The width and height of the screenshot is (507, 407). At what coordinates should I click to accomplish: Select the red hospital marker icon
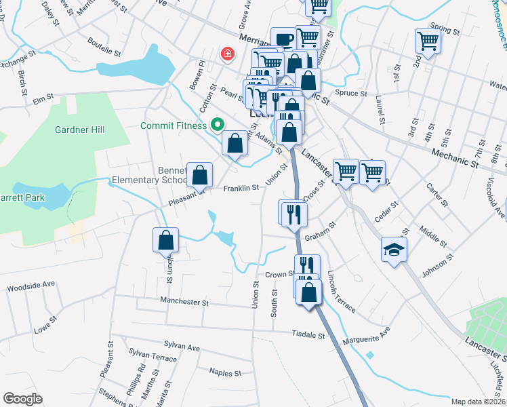(x=228, y=53)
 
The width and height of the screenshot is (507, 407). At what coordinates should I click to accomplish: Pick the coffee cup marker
(x=283, y=39)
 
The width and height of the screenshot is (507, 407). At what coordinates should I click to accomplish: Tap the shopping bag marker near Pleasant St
(x=200, y=175)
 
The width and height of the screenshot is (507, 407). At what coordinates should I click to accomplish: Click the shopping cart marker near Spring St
(x=428, y=41)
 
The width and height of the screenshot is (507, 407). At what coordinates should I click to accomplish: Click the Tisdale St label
(x=308, y=334)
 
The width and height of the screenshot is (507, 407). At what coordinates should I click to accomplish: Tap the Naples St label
(x=225, y=373)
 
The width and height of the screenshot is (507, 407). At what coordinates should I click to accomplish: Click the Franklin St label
(x=241, y=188)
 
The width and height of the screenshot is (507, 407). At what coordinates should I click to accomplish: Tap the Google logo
(x=23, y=398)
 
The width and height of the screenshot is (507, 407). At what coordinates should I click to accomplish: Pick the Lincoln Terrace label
(x=341, y=292)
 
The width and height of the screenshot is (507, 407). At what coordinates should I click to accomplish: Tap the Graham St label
(x=321, y=236)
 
